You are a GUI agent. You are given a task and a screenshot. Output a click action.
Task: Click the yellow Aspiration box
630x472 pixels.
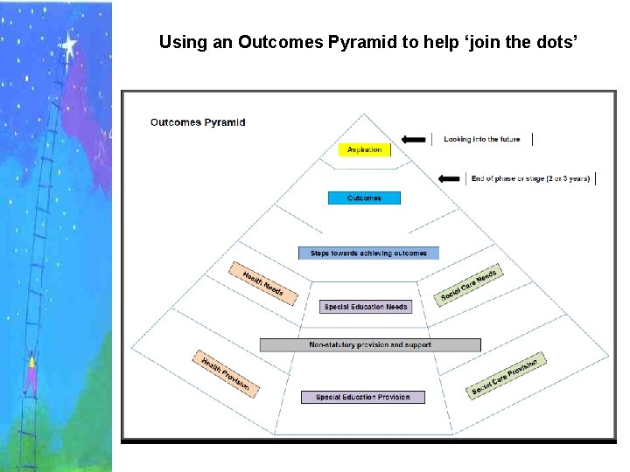point(364,150)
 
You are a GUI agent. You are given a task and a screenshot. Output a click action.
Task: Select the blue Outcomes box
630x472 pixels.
point(364,198)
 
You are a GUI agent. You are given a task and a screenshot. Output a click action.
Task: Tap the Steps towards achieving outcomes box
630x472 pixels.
point(368,253)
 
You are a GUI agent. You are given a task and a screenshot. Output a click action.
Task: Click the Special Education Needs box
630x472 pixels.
point(365,307)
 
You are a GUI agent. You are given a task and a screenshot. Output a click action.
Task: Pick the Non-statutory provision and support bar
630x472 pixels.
point(370,345)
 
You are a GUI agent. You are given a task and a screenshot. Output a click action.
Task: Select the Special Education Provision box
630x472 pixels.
point(362,397)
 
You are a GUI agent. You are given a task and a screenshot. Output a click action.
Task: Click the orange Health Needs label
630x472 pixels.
point(263,281)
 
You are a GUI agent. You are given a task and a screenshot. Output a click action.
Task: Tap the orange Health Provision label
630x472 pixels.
point(225,374)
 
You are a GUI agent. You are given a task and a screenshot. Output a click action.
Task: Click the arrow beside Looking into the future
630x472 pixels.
point(414,139)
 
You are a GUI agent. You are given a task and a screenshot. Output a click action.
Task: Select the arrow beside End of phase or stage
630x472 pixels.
point(450,178)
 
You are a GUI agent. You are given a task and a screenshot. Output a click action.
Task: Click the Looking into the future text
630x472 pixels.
point(481,139)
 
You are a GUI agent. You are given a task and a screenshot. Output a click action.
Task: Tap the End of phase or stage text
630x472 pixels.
point(530,178)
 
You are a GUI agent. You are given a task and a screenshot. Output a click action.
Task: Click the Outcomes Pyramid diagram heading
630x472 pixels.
point(198,122)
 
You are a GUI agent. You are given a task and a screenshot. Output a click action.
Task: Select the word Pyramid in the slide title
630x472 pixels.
point(371,41)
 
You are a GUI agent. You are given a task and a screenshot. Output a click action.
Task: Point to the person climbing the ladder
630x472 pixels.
point(31,371)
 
